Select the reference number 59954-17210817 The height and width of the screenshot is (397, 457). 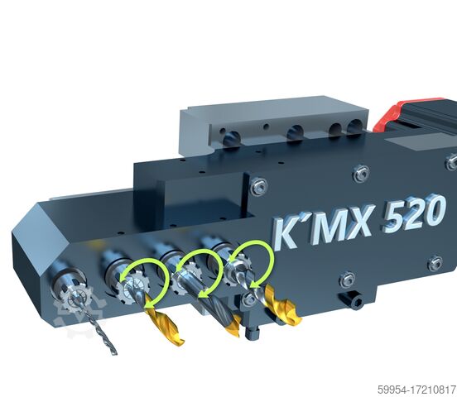coord(416,389)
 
